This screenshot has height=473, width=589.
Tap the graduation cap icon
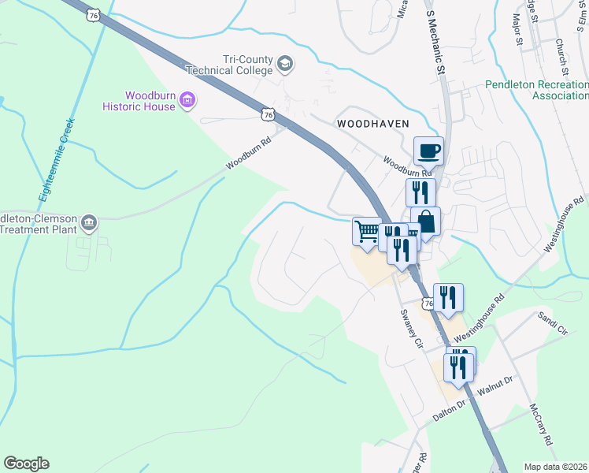coord(284,64)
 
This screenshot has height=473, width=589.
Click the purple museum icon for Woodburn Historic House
coord(187,100)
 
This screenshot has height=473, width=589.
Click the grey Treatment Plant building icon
coord(89,224)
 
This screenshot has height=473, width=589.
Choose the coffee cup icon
coord(429,150)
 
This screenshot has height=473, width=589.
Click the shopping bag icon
coord(425,221)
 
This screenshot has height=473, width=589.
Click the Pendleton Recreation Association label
coord(536,90)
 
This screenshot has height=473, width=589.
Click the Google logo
coord(26,464)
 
